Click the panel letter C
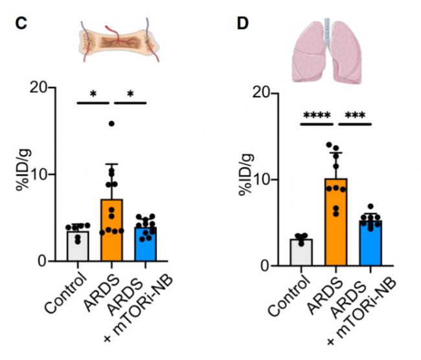click(x=21, y=23)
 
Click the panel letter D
click(x=242, y=23)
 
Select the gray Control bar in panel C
click(x=79, y=246)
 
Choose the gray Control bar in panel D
click(x=301, y=253)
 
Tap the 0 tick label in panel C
click(x=49, y=262)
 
